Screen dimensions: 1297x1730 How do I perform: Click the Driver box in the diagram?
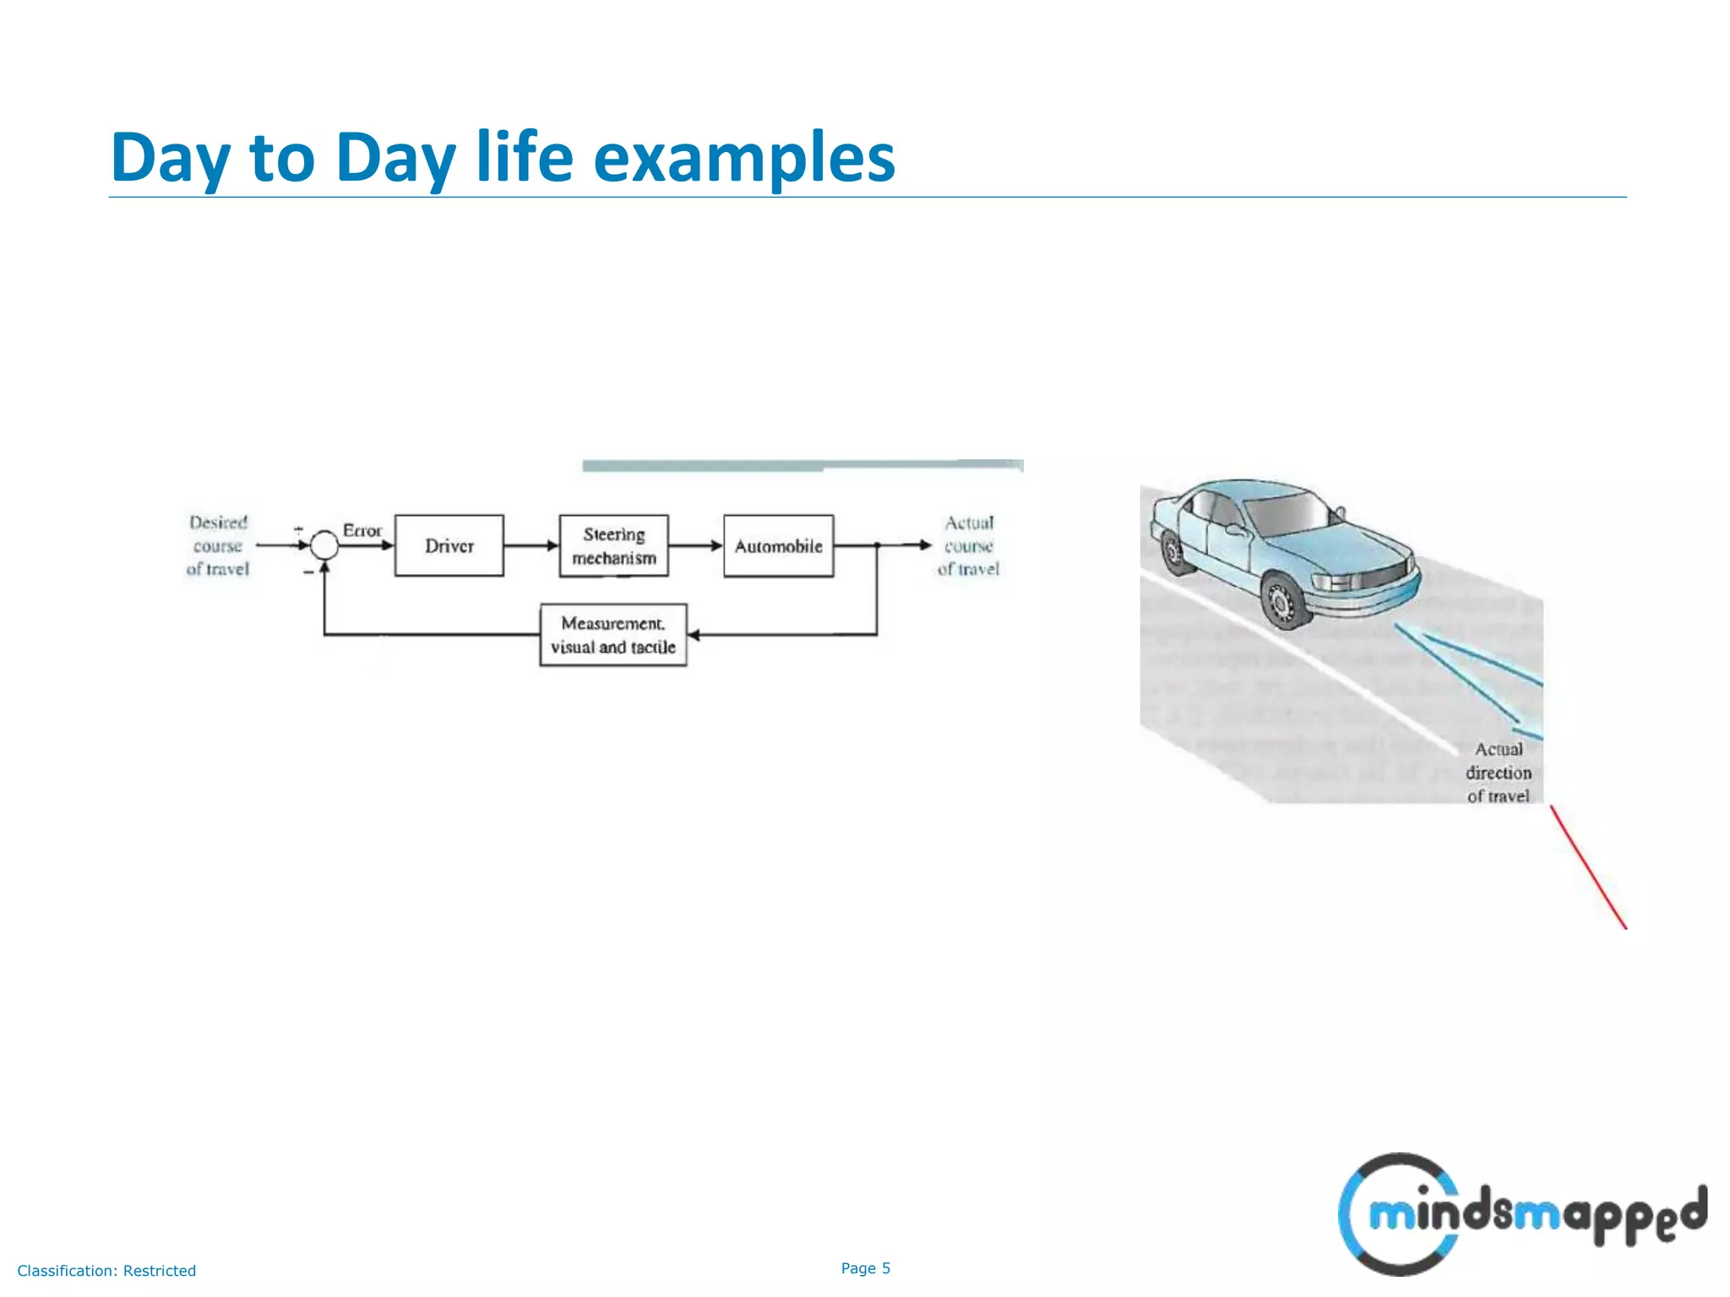pyautogui.click(x=449, y=545)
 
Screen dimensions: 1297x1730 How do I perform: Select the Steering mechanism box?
pyautogui.click(x=613, y=545)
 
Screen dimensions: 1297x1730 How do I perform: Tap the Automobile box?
pyautogui.click(x=778, y=545)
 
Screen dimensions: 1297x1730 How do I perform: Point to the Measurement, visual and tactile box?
pyautogui.click(x=613, y=635)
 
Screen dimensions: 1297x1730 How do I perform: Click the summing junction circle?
pyautogui.click(x=324, y=545)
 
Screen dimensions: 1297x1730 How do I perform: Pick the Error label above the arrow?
pyautogui.click(x=362, y=530)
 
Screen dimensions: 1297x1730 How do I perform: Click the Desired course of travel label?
pyautogui.click(x=218, y=545)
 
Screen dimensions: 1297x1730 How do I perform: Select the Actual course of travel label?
pyautogui.click(x=968, y=545)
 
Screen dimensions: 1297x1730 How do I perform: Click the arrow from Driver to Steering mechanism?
pyautogui.click(x=531, y=545)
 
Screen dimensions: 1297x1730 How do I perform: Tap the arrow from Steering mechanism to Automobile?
pyautogui.click(x=696, y=545)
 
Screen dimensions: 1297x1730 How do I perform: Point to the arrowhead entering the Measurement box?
pyautogui.click(x=694, y=635)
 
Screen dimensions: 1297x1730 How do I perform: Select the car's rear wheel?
pyautogui.click(x=1173, y=552)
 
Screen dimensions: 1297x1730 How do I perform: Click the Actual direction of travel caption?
pyautogui.click(x=1499, y=773)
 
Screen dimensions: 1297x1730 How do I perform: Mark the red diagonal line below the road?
pyautogui.click(x=1588, y=866)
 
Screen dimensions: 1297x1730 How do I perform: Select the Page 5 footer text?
pyautogui.click(x=865, y=1268)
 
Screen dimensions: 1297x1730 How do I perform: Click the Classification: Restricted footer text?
pyautogui.click(x=106, y=1271)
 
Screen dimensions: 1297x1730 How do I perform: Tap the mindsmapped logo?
pyautogui.click(x=1521, y=1214)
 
